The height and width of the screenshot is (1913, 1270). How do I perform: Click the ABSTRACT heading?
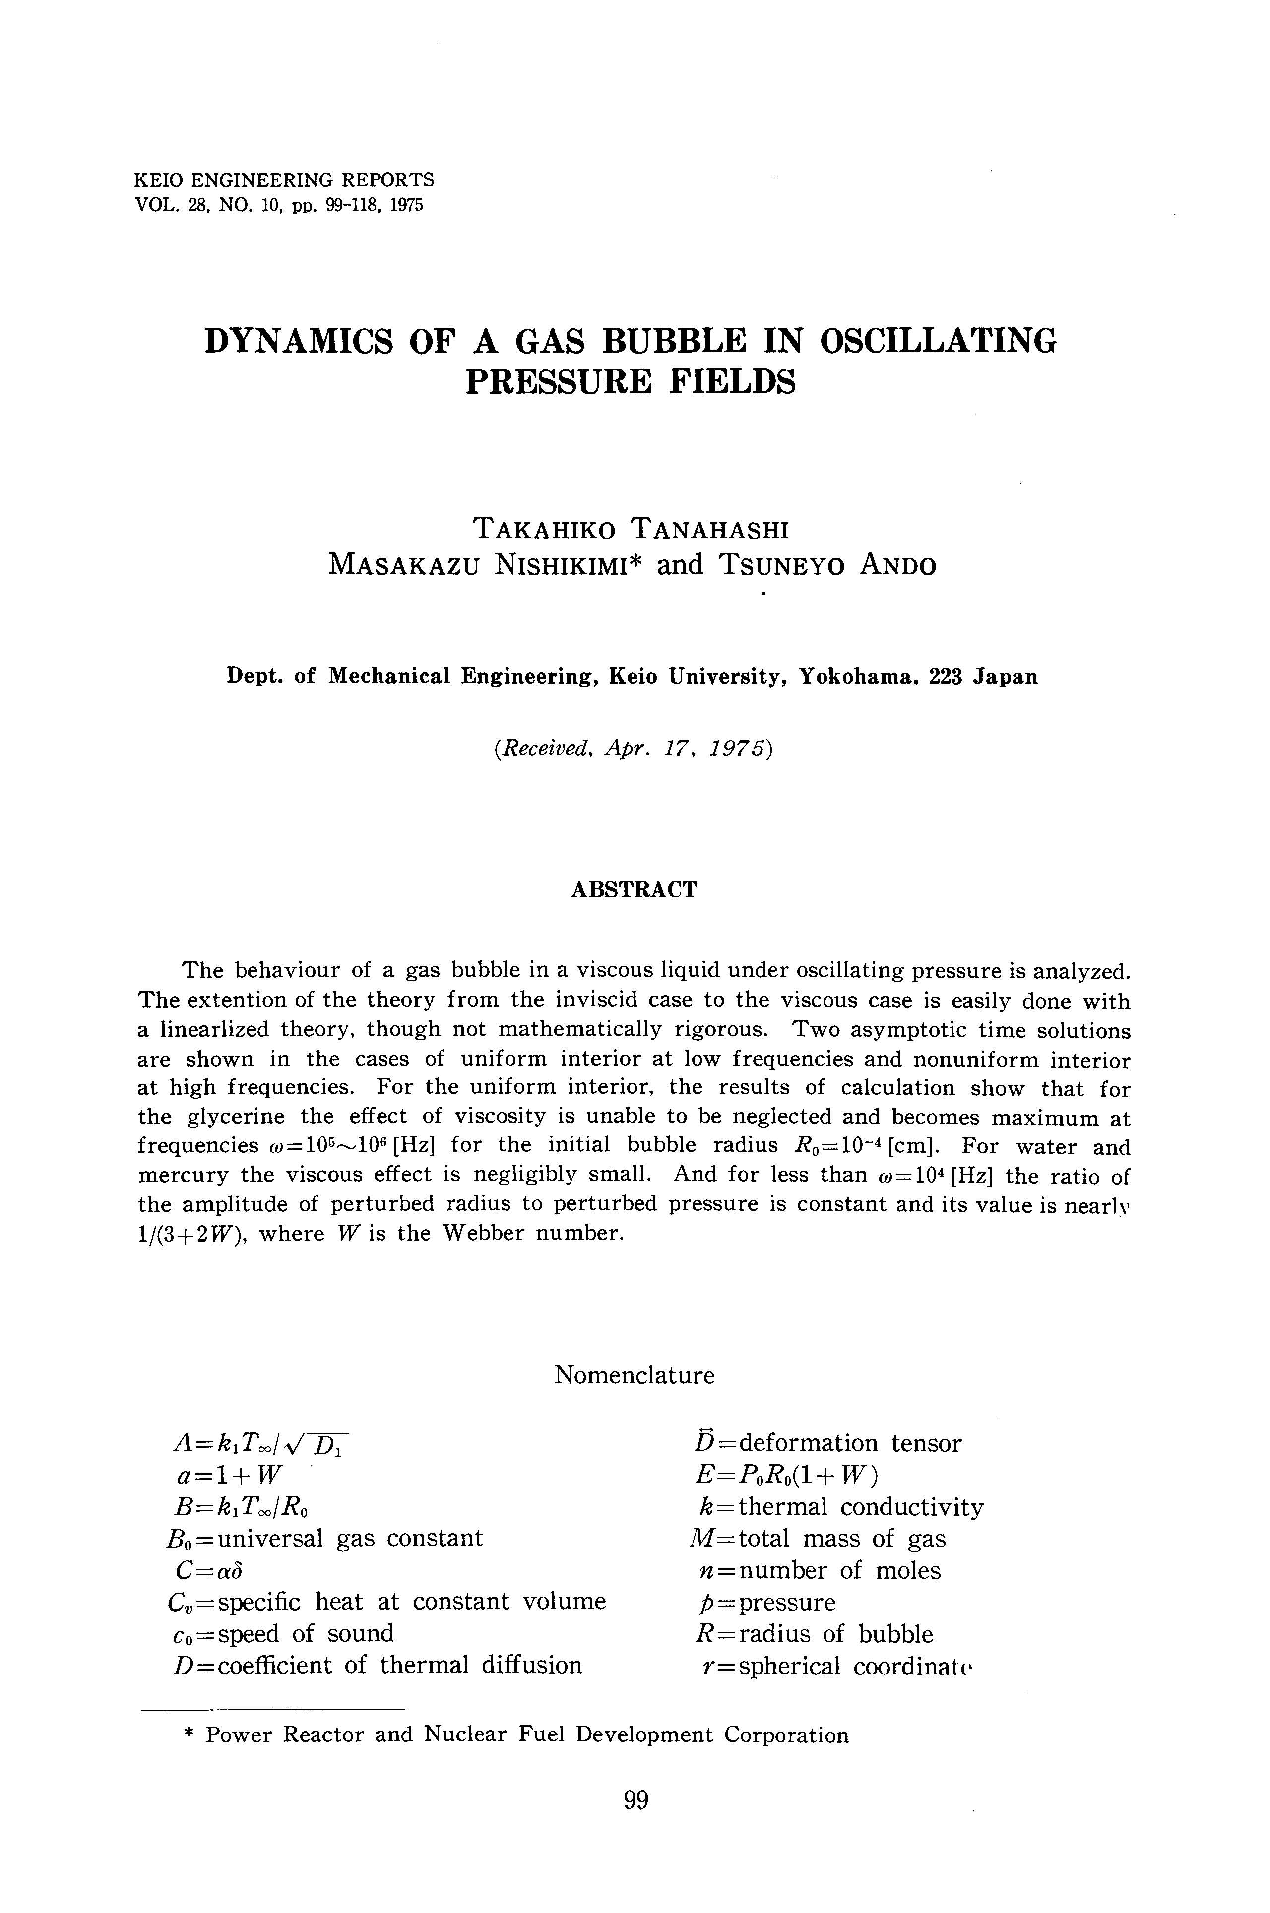point(634,890)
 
